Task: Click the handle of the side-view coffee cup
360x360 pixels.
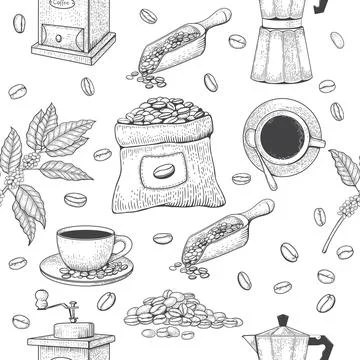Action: [123, 245]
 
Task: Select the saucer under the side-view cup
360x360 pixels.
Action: [87, 267]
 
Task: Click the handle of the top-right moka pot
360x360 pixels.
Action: [322, 6]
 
